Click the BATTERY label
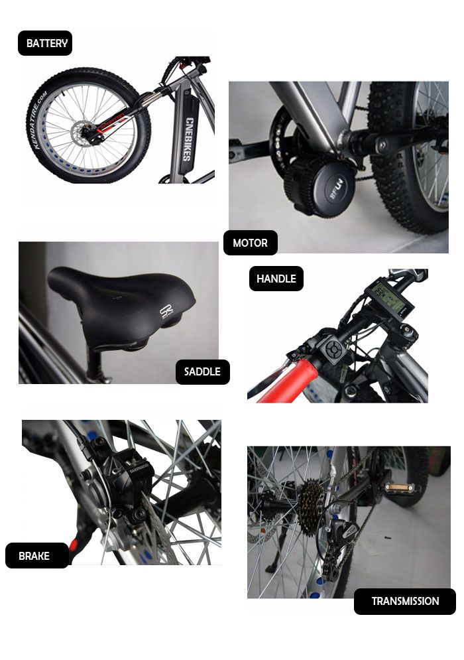[45, 43]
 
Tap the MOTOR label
[250, 243]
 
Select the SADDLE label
[202, 371]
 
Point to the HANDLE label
[276, 279]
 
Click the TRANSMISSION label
[405, 601]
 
